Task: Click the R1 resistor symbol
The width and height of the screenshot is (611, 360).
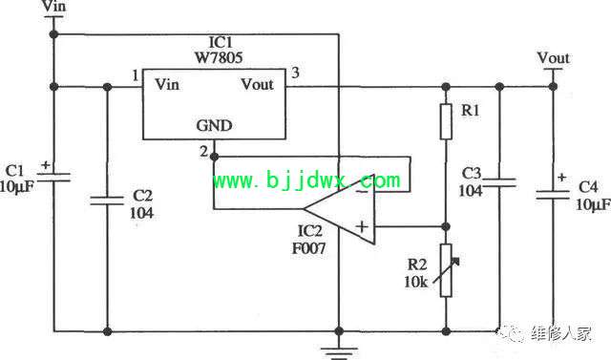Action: point(446,121)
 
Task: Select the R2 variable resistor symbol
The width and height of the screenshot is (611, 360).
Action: point(446,270)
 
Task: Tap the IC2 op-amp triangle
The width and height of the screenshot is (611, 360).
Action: point(339,209)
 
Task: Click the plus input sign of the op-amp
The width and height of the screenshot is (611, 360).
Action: point(362,226)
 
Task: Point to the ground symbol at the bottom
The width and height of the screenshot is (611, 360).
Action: point(339,351)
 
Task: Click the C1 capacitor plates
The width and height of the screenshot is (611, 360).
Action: point(53,178)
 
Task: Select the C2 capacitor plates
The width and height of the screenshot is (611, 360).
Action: point(107,201)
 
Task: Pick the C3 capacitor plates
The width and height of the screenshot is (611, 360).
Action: point(499,182)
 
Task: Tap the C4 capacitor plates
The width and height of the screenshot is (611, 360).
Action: point(553,195)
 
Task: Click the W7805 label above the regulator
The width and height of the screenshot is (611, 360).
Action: point(219,57)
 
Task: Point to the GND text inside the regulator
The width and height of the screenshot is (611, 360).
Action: point(214,125)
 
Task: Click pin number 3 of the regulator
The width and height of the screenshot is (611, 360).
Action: point(295,73)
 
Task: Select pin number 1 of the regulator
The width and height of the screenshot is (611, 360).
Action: point(136,75)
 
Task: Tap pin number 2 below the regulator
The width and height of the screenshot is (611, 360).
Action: point(203,151)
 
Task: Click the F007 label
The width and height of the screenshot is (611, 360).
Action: point(309,248)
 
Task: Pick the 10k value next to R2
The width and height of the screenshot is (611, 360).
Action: point(416,282)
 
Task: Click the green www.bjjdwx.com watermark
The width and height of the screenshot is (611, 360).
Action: point(306,180)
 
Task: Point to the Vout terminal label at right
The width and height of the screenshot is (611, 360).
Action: point(554,58)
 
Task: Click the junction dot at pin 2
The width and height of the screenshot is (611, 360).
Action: point(214,157)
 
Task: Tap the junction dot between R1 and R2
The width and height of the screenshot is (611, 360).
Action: point(446,226)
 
